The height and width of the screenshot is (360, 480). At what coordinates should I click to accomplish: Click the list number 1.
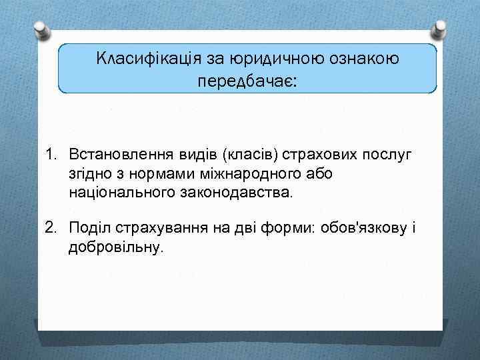coord(50,155)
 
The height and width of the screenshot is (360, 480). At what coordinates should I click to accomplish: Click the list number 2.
coord(50,227)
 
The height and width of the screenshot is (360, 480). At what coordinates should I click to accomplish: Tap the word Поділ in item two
coord(89,227)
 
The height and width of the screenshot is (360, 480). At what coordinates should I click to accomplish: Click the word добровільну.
coord(115,247)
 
